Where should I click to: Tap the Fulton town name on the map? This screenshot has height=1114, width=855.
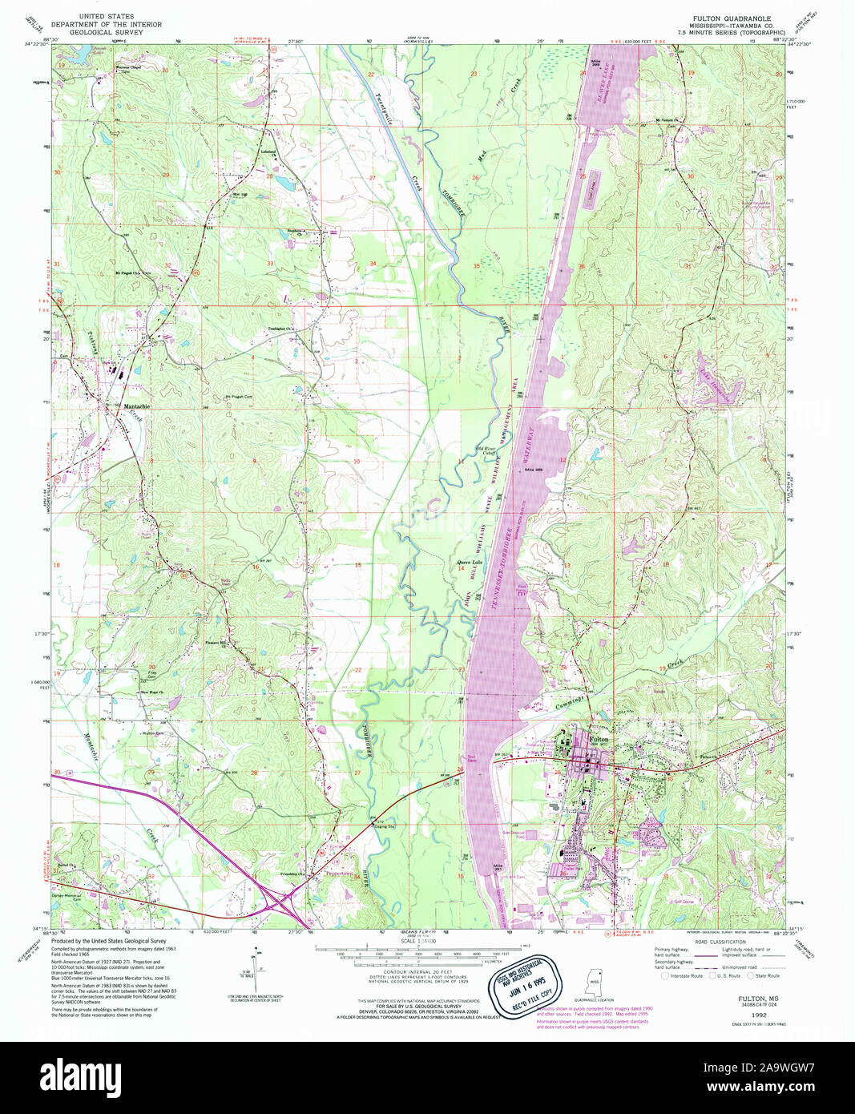[x=599, y=739]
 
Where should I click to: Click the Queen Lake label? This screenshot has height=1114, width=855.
[x=469, y=562]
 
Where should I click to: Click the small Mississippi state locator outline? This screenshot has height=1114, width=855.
[x=595, y=979]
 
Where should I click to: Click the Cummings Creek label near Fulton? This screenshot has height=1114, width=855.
[x=569, y=702]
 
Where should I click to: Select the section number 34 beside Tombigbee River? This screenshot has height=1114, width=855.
[x=373, y=264]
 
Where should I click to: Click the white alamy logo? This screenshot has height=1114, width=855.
[x=90, y=1076]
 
